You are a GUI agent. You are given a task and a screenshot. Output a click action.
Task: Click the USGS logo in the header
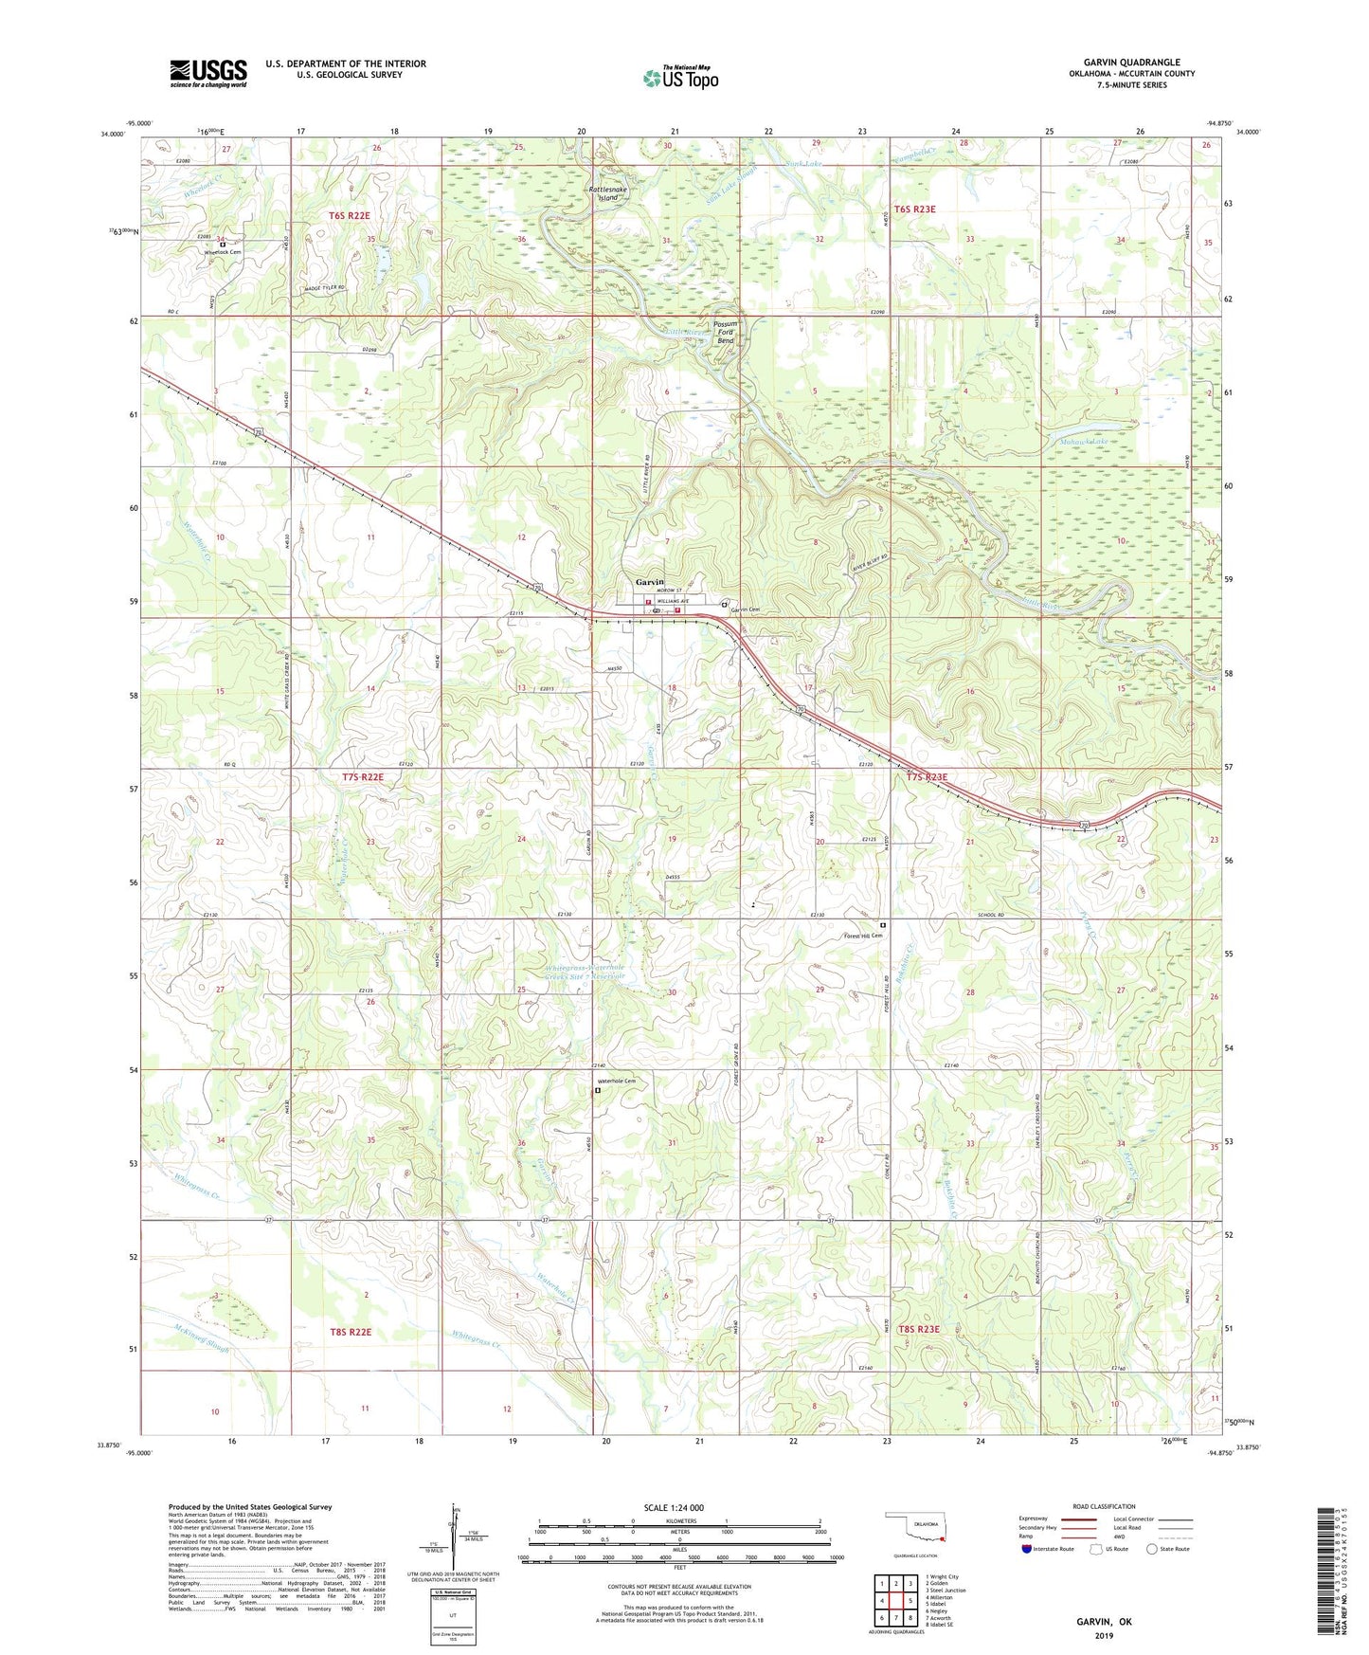click(x=208, y=73)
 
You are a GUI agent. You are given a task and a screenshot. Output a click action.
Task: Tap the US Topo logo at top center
click(x=680, y=78)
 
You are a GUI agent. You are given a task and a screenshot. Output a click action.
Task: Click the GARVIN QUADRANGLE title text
click(x=1131, y=63)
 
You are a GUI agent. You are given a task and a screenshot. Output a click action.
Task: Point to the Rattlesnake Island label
click(x=607, y=193)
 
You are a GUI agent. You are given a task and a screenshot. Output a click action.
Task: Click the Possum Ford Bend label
click(x=726, y=332)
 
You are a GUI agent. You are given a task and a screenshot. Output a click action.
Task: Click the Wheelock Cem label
click(x=223, y=252)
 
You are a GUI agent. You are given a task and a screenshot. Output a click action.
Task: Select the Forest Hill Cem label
click(x=863, y=936)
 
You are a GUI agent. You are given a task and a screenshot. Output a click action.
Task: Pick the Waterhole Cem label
click(x=616, y=1082)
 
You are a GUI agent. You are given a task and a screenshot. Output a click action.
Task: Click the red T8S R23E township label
click(x=918, y=1330)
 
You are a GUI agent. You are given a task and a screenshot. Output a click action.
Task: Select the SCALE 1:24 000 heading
click(x=674, y=1508)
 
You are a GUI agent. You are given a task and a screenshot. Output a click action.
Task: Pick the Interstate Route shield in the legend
click(x=1027, y=1550)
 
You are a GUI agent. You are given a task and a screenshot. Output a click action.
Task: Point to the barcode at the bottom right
click(x=1326, y=1573)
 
